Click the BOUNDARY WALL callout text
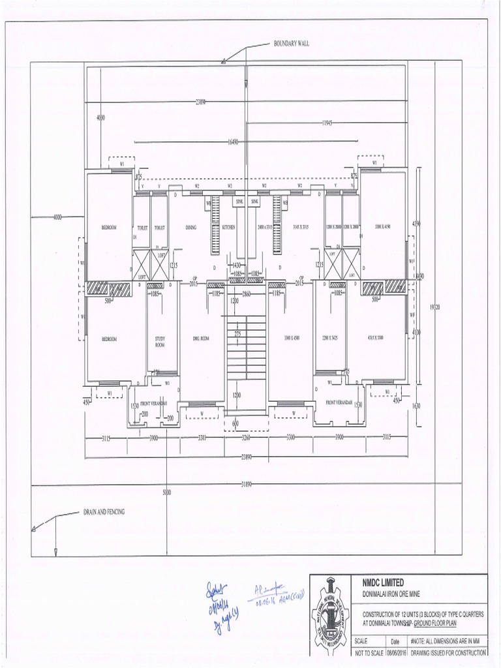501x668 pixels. [291, 44]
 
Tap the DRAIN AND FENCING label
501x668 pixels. [103, 512]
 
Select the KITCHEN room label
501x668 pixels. [228, 228]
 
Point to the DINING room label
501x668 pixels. [190, 228]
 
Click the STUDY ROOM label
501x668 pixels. [160, 341]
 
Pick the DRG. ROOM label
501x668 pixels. [200, 339]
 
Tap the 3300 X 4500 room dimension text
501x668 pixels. [291, 339]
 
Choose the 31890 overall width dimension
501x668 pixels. [247, 484]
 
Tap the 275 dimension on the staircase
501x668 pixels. [238, 333]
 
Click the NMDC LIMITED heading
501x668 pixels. [383, 583]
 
